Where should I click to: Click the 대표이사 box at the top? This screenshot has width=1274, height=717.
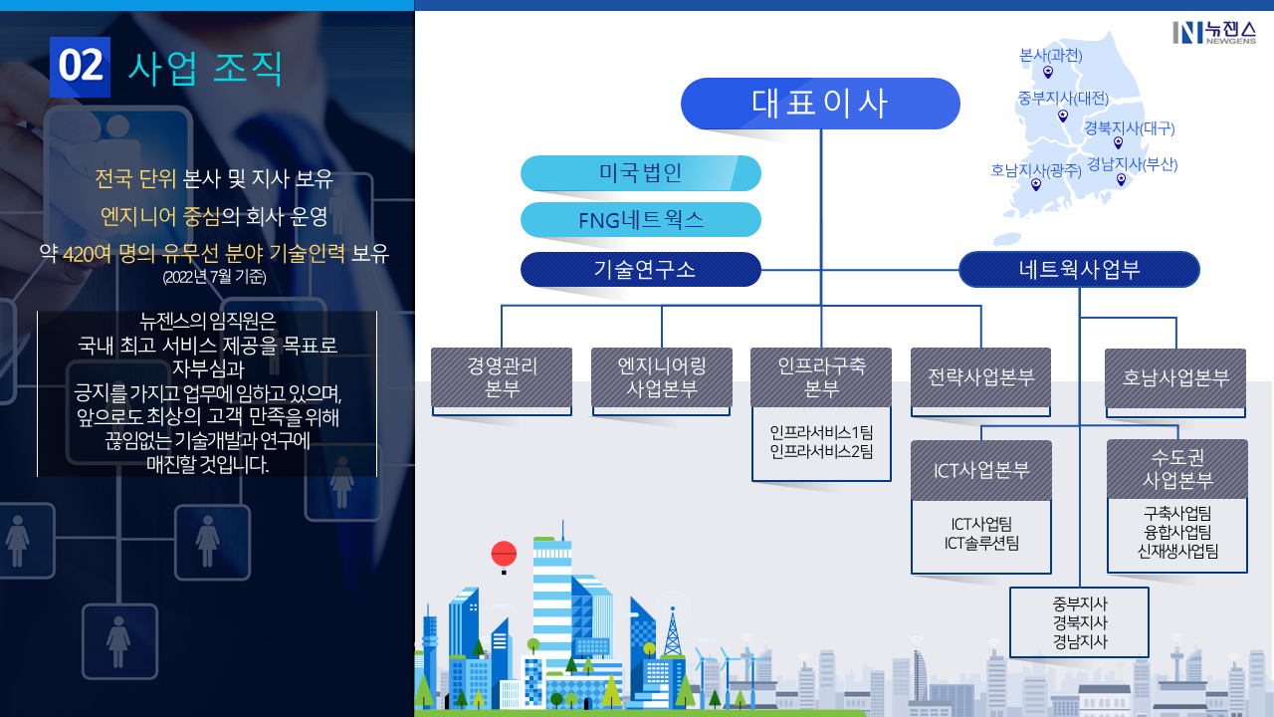[820, 104]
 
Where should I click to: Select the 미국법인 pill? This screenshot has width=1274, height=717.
[640, 173]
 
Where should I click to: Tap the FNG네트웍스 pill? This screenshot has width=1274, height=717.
[640, 220]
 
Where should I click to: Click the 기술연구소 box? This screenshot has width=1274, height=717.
[640, 269]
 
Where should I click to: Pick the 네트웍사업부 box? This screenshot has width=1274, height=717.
[1079, 269]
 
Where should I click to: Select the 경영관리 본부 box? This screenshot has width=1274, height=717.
[502, 377]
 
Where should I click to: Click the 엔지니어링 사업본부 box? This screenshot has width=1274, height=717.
[662, 377]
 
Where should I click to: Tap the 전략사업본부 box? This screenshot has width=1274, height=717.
[980, 377]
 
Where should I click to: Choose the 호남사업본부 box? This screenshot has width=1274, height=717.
[1175, 378]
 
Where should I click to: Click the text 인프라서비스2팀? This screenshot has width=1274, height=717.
[821, 451]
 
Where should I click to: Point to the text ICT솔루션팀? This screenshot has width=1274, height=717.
[980, 543]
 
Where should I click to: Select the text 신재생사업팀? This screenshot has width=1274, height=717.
[1177, 551]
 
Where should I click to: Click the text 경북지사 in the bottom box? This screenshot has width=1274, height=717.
[1079, 623]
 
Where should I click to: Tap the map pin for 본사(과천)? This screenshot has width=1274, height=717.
[1048, 72]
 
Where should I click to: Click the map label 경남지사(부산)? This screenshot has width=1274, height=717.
[1132, 163]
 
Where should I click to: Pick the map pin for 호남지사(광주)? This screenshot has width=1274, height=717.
[1036, 184]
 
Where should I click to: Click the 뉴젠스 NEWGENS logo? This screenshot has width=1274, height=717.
[1213, 32]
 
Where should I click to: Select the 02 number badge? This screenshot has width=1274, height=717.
[80, 66]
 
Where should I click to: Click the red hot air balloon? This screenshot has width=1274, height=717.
[504, 554]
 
